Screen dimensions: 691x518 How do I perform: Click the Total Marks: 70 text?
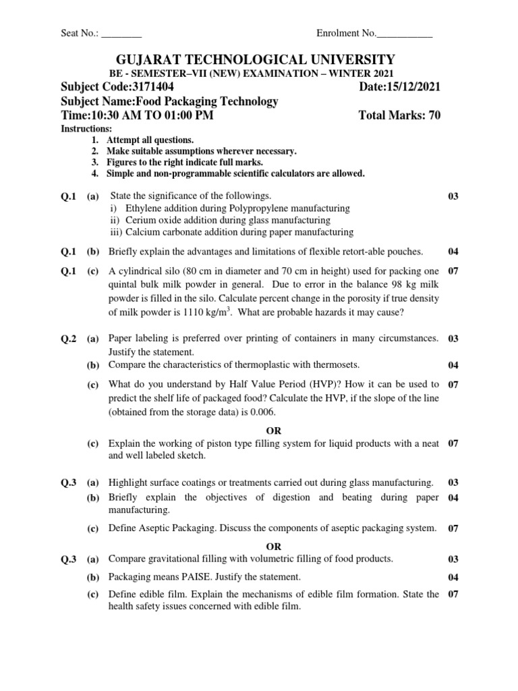400,115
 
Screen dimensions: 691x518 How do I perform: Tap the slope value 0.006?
260,412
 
